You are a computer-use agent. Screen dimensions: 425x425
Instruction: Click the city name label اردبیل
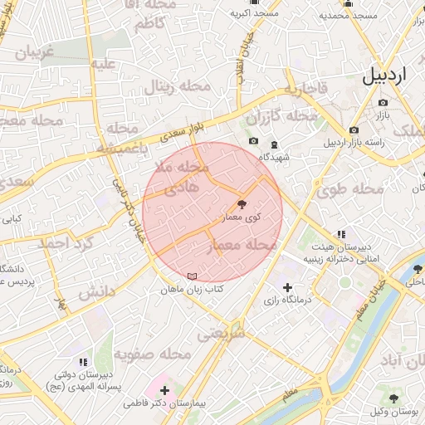[386, 76]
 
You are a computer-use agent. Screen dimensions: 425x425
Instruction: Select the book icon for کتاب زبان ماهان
[193, 276]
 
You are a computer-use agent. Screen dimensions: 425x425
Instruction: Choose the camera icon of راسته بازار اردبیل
[354, 129]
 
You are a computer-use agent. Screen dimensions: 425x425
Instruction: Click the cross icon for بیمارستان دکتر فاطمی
[164, 389]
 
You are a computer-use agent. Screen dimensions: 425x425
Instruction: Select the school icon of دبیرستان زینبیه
[340, 235]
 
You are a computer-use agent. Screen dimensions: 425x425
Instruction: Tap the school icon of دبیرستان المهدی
[82, 362]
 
